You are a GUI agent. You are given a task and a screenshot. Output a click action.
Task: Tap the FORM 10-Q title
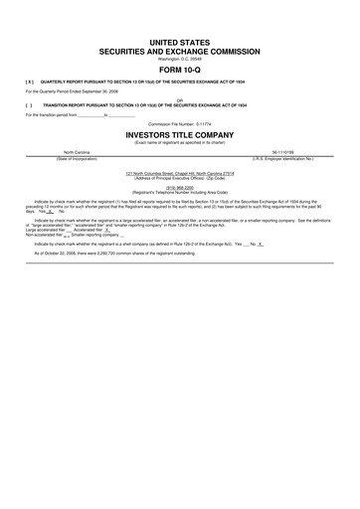click(x=180, y=68)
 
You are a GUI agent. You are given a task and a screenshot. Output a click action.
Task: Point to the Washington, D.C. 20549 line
click(x=180, y=57)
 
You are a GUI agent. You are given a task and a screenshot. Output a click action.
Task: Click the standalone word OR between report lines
click(x=180, y=97)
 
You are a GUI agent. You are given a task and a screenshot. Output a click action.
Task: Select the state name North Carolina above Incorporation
click(x=77, y=153)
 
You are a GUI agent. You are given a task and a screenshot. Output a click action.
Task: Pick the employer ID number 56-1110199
click(x=282, y=153)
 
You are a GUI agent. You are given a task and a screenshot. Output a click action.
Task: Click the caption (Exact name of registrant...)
click(x=180, y=141)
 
